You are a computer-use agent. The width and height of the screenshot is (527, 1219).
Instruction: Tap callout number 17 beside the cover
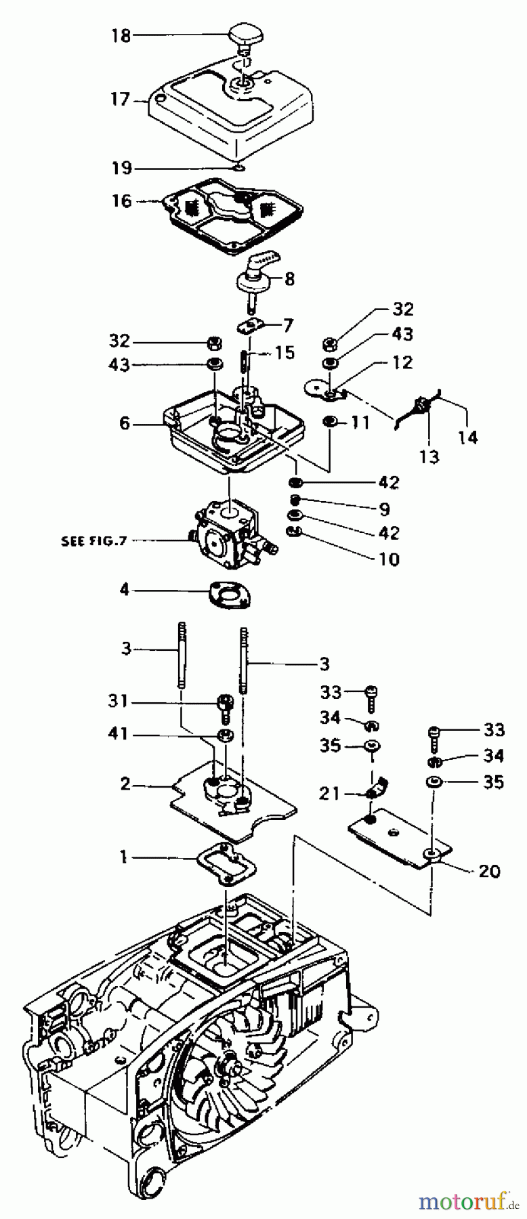pyautogui.click(x=120, y=100)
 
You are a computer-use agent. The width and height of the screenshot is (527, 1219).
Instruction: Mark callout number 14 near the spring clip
pyautogui.click(x=467, y=437)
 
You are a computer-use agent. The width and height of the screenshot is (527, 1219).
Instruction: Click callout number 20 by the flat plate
pyautogui.click(x=489, y=871)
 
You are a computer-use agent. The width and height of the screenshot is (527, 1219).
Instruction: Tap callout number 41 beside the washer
pyautogui.click(x=119, y=735)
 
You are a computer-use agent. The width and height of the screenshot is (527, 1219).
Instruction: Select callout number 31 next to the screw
pyautogui.click(x=119, y=701)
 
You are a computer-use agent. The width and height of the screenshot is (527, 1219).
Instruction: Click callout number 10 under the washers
pyautogui.click(x=389, y=559)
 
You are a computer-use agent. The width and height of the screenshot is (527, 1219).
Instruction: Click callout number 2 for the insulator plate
pyautogui.click(x=124, y=786)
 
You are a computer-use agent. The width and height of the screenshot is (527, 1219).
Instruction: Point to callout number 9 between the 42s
pyautogui.click(x=384, y=508)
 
